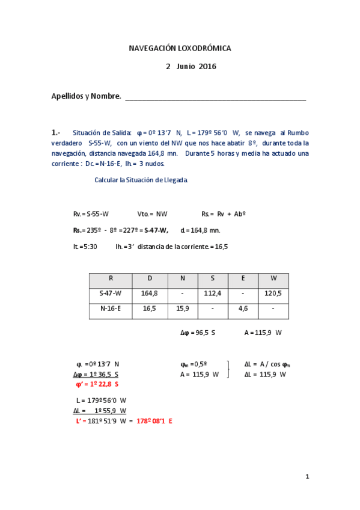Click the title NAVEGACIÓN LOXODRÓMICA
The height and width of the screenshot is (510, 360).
180,48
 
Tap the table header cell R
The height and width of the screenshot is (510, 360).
111,278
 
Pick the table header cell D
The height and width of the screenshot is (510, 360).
150,278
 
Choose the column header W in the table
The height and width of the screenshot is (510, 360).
273,278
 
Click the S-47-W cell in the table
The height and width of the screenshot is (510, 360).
111,293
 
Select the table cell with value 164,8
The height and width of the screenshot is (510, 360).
150,293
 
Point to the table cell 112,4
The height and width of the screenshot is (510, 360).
213,293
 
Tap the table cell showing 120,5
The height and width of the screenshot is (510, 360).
273,293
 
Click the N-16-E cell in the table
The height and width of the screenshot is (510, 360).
111,308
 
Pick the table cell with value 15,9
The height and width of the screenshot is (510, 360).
183,308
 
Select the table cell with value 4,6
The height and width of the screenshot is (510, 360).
243,308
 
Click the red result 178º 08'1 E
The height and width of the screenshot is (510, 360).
154,421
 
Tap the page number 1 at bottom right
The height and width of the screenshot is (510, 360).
307,477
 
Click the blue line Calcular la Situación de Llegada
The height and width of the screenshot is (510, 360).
141,180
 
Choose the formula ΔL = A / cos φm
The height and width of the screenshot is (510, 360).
267,364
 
